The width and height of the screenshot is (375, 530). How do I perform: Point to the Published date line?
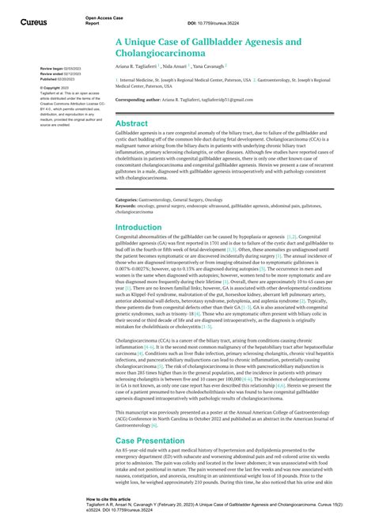pyautogui.click(x=56, y=79)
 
